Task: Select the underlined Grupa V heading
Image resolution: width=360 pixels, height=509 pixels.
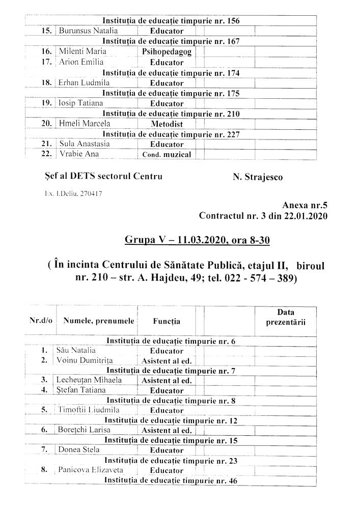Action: [x=197, y=239]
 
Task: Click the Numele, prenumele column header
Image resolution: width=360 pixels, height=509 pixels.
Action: [x=99, y=321]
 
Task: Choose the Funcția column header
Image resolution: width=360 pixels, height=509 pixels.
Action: [x=167, y=321]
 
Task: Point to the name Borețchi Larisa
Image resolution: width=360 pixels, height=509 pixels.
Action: [x=85, y=430]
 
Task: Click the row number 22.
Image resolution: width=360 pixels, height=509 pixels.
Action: [x=47, y=154]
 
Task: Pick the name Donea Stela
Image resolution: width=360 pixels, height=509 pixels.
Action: [x=79, y=450]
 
